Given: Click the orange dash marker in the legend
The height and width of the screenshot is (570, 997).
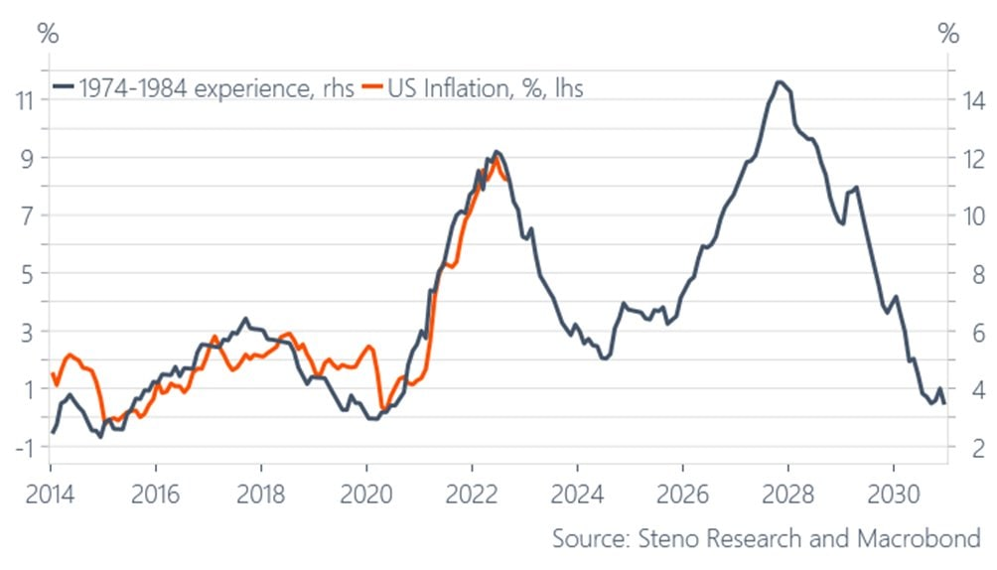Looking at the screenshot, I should point(372,88).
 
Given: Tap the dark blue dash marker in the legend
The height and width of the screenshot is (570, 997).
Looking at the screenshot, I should point(65,88).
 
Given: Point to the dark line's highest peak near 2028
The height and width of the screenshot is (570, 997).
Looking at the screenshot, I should point(781,81).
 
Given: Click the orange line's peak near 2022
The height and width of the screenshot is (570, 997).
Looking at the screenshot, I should point(495,157).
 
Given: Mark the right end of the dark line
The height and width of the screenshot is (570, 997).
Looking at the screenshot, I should point(943,402).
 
